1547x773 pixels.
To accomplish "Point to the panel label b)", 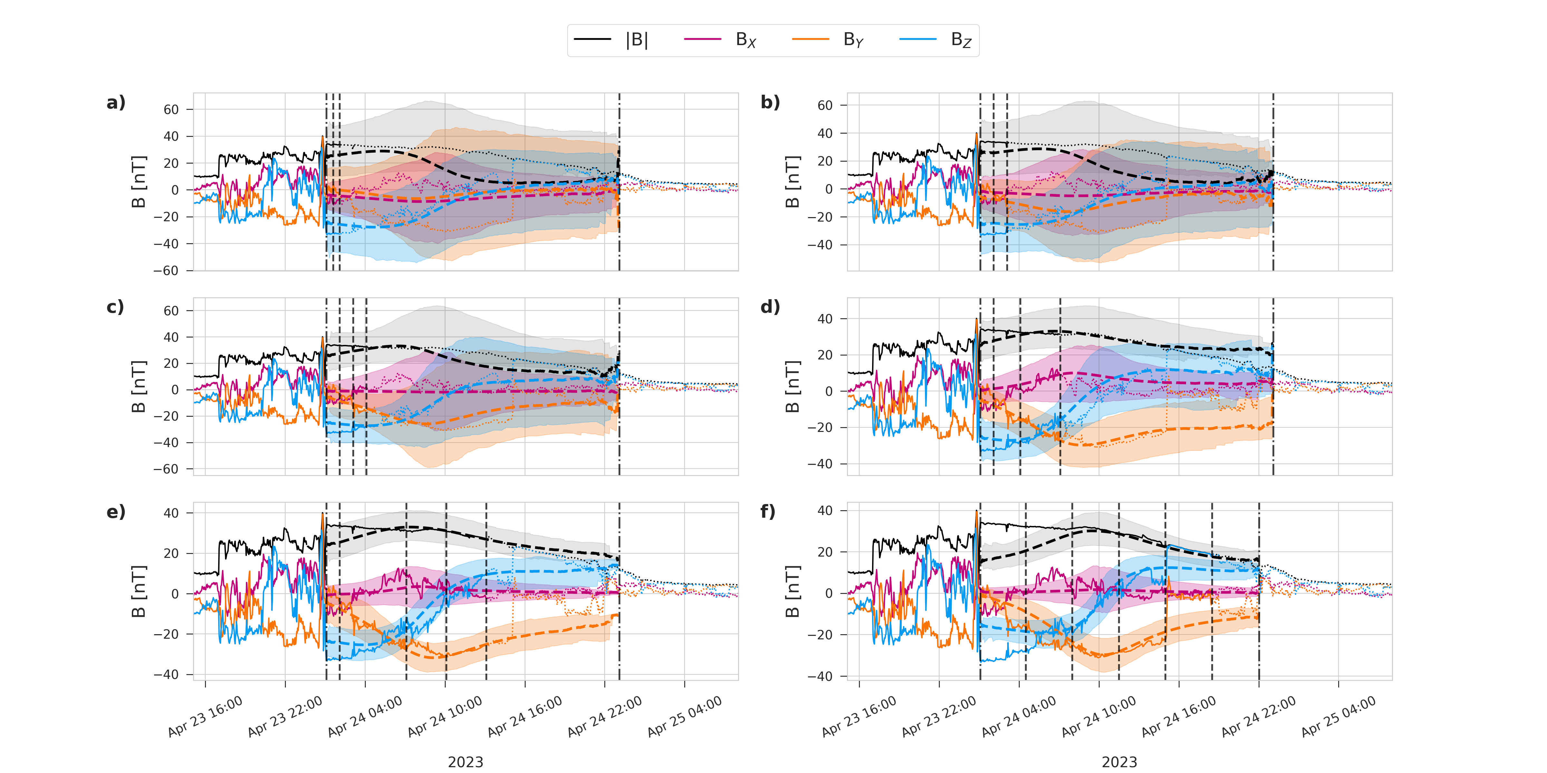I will [x=770, y=103].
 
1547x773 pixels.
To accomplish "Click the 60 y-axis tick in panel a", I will [x=171, y=110].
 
